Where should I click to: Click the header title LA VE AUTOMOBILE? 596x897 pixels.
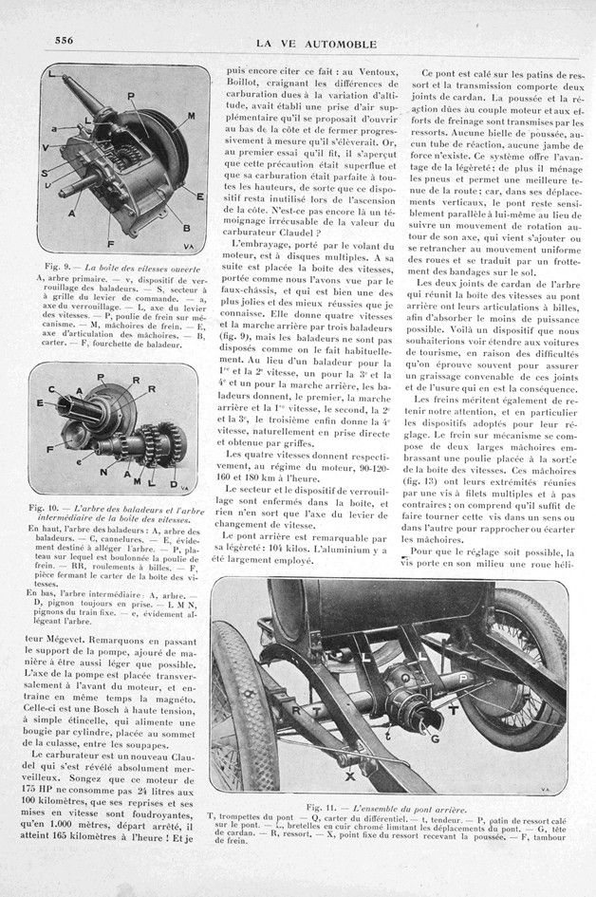pyautogui.click(x=318, y=39)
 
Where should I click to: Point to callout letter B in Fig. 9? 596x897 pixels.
pyautogui.click(x=186, y=228)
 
